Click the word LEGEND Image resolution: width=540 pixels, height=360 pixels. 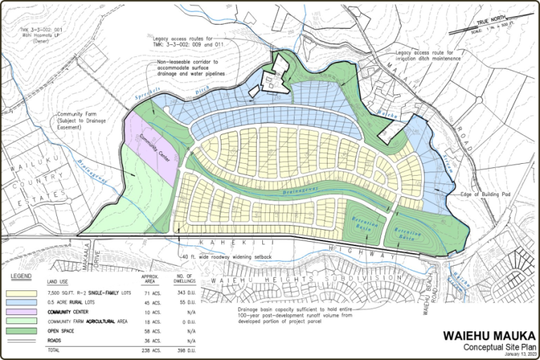click(23, 276)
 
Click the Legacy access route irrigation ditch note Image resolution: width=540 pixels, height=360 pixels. click(428, 55)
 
